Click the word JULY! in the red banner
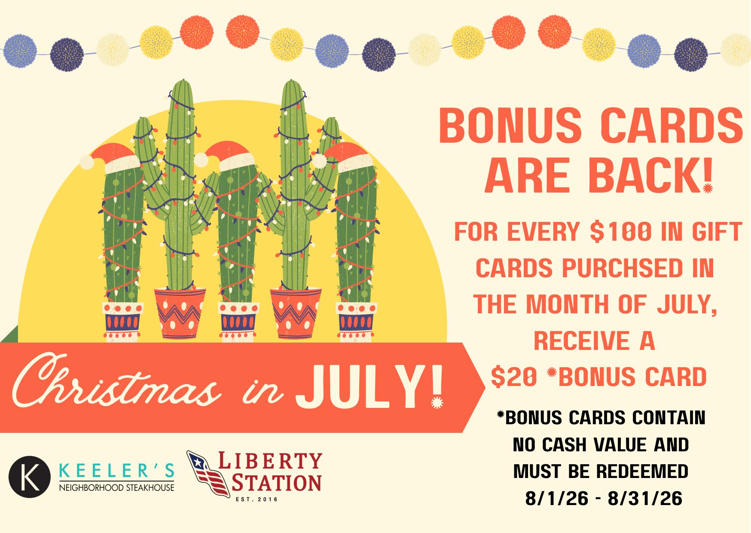click(369, 387)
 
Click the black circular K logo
click(30, 477)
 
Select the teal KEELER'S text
click(116, 471)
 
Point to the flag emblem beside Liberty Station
click(208, 473)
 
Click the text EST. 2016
click(257, 499)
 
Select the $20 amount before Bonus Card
click(514, 377)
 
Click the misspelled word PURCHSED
click(622, 268)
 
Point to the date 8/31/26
click(645, 499)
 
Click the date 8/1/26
click(557, 499)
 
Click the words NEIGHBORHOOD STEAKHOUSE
click(116, 487)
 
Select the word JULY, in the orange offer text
click(687, 305)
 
